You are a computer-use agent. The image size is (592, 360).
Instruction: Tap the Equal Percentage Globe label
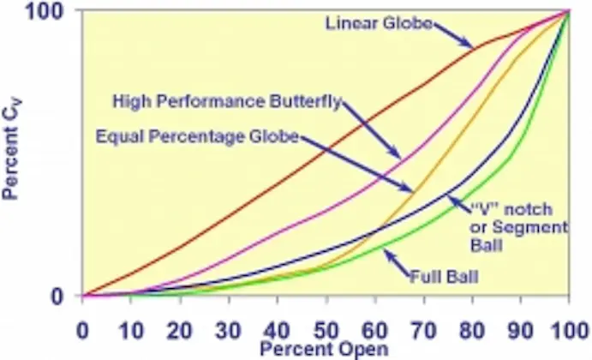[x=196, y=135]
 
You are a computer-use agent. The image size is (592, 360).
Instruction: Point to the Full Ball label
[x=443, y=276]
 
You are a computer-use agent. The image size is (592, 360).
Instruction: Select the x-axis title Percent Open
[x=324, y=349]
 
